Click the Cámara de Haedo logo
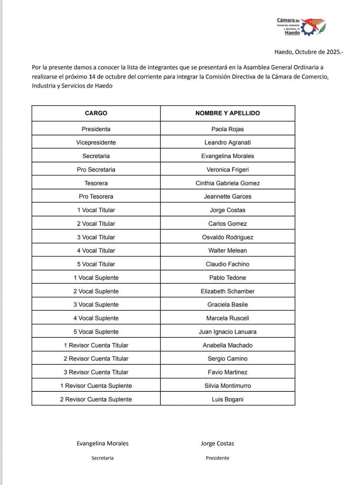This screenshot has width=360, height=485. [301, 27]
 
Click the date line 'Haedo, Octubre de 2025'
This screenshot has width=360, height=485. [308, 52]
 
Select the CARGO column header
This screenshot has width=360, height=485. [96, 113]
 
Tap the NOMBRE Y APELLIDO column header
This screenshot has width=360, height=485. [227, 113]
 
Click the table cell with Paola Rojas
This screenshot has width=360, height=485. [227, 129]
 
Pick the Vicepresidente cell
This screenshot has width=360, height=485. [96, 143]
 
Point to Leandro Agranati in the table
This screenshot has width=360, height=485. [227, 143]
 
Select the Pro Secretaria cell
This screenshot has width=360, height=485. [96, 170]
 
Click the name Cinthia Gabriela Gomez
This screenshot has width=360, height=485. [227, 183]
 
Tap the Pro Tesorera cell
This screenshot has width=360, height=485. [96, 197]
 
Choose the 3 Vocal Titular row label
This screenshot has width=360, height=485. [96, 237]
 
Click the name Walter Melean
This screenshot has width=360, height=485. [227, 251]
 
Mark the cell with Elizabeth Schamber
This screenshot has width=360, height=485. [227, 291]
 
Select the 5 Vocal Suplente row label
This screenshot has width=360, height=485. [96, 332]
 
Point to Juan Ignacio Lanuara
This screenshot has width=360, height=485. [227, 332]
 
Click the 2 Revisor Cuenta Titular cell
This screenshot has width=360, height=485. [96, 359]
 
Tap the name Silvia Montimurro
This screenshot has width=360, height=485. [227, 386]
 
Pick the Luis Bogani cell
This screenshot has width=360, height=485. [227, 399]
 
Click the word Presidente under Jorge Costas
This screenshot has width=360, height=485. [217, 458]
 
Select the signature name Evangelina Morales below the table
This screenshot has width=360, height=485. [103, 443]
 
